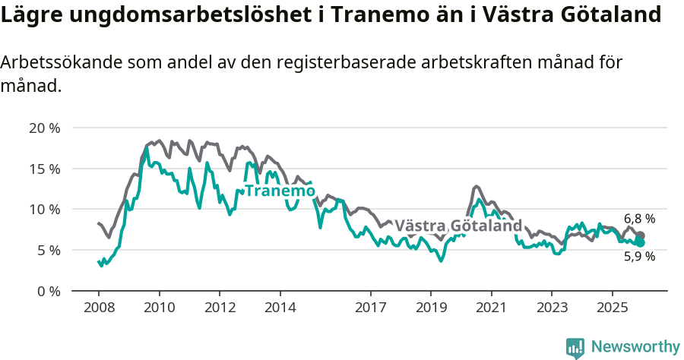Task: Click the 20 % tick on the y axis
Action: tap(44, 128)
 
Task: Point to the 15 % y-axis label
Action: tap(44, 169)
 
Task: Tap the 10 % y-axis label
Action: tap(44, 209)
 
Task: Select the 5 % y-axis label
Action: tap(48, 250)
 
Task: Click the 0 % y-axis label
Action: tap(48, 291)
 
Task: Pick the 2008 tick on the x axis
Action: tap(99, 308)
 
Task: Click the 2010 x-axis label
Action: tap(159, 308)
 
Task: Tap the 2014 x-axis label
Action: tap(280, 308)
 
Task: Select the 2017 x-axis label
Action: tap(370, 308)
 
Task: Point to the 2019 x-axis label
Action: tap(431, 308)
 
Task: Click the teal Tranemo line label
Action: tap(279, 191)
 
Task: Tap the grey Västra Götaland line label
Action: tap(458, 226)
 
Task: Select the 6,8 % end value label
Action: tap(639, 219)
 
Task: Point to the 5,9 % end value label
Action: tap(639, 257)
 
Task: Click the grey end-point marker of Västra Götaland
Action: tap(641, 235)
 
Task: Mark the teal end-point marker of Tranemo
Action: tap(641, 243)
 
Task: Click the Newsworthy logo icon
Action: tap(575, 347)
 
